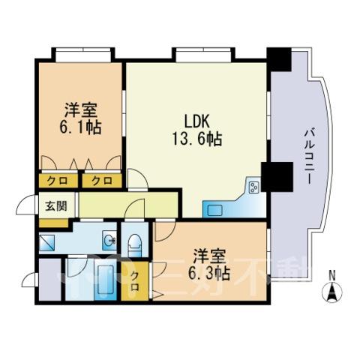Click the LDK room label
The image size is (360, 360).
click(x=196, y=121)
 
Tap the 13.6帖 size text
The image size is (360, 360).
click(x=197, y=139)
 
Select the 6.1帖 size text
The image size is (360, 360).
click(x=80, y=127)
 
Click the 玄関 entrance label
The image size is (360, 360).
click(x=56, y=206)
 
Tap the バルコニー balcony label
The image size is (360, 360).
click(x=309, y=157)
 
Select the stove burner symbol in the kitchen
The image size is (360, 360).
click(x=254, y=187)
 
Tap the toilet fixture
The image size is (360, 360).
click(x=135, y=245)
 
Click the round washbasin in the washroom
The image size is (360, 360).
click(x=109, y=241)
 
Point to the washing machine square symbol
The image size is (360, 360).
click(x=46, y=242)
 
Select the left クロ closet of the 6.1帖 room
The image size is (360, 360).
click(x=58, y=180)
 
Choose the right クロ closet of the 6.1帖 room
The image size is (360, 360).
click(x=102, y=180)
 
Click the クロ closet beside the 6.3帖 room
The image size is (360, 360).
click(x=135, y=281)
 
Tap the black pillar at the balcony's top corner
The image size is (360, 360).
click(x=279, y=59)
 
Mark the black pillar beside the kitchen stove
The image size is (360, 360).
click(x=277, y=177)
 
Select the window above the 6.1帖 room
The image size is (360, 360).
click(x=83, y=55)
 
